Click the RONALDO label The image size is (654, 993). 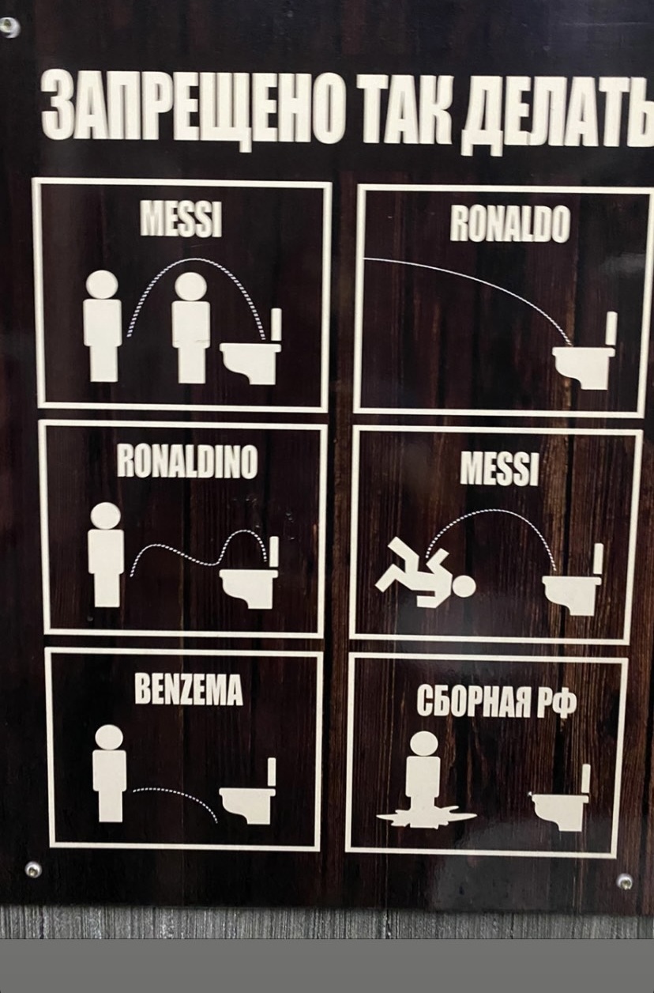pos(509,225)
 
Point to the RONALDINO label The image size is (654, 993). pos(187,462)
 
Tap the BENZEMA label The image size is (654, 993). pos(189,690)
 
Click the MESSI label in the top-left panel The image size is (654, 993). pos(181,218)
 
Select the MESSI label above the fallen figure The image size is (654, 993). pos(499,469)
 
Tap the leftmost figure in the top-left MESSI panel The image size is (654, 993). pos(102,327)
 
